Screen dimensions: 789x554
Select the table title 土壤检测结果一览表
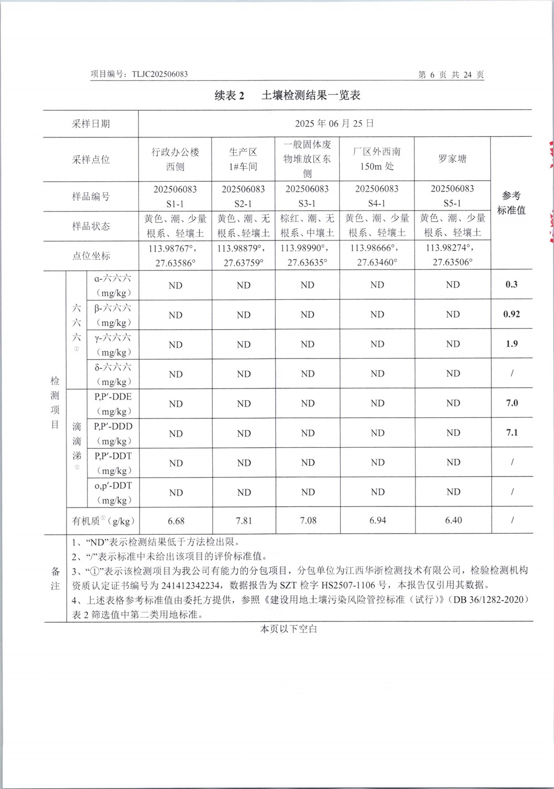[311, 95]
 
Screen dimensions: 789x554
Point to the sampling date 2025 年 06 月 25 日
[334, 123]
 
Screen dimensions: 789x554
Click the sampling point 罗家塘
[452, 159]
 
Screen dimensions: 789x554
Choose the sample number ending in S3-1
[307, 196]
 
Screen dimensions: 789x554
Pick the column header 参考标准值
[511, 203]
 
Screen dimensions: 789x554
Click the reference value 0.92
[511, 314]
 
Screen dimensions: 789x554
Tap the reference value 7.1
[511, 433]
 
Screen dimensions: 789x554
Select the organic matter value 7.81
[244, 520]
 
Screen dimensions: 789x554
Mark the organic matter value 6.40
[453, 520]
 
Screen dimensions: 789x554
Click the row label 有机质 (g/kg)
[103, 521]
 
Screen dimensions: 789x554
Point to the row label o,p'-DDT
[113, 485]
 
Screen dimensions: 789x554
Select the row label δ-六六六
[113, 367]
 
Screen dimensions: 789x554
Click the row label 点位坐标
[91, 255]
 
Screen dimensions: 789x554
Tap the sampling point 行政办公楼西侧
[175, 159]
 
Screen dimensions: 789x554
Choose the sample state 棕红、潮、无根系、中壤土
[307, 226]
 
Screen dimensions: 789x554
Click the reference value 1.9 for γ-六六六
[511, 344]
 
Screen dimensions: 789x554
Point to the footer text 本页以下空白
[289, 629]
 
